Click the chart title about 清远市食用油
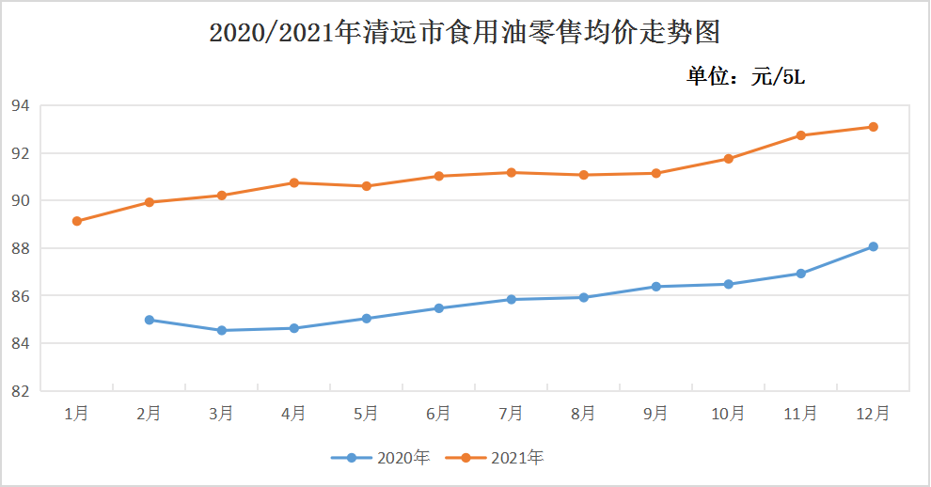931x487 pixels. point(465,31)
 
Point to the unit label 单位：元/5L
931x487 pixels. point(746,76)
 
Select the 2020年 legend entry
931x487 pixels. point(380,458)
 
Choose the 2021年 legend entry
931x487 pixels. point(494,458)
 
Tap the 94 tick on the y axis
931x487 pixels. point(20,105)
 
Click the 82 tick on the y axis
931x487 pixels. point(20,391)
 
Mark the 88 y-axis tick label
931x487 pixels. point(20,248)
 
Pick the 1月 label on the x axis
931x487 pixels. point(76,414)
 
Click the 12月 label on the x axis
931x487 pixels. point(873,414)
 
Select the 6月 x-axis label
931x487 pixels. point(438,414)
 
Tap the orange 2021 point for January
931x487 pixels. point(76,221)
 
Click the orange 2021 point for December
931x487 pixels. point(873,127)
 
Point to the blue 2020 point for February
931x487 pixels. point(149,320)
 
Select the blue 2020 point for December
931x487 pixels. point(873,246)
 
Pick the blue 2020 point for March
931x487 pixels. point(222,330)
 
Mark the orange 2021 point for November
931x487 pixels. point(800,135)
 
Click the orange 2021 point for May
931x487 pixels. point(367,186)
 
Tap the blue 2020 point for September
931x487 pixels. point(656,286)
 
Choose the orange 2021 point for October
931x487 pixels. point(728,159)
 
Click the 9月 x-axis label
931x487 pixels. point(655,414)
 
